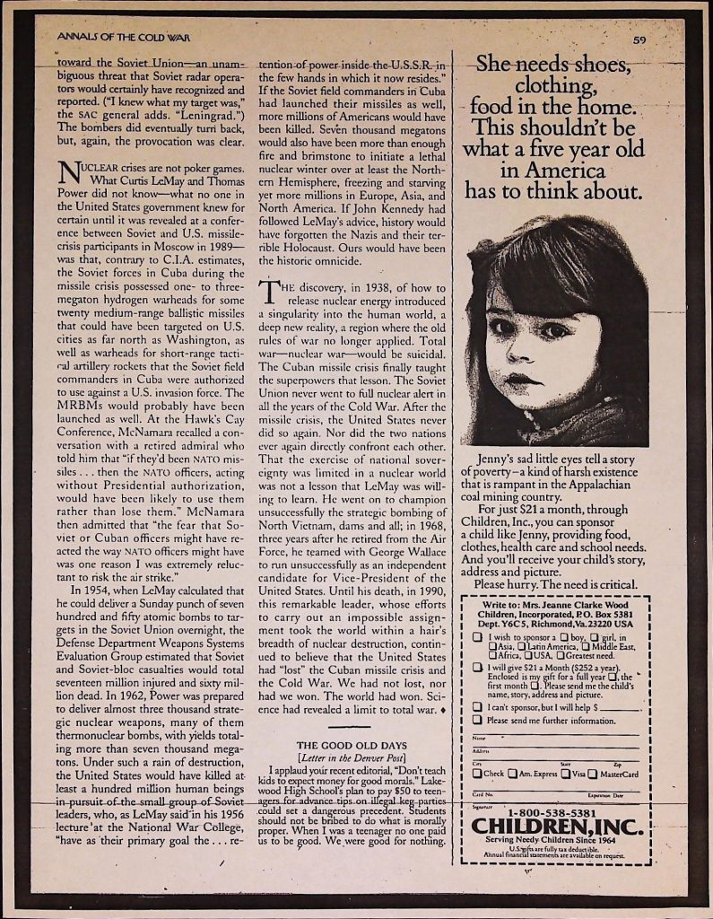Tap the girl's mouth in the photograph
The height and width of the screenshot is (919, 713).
pos(520,380)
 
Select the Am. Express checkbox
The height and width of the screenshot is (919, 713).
pos(512,775)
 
